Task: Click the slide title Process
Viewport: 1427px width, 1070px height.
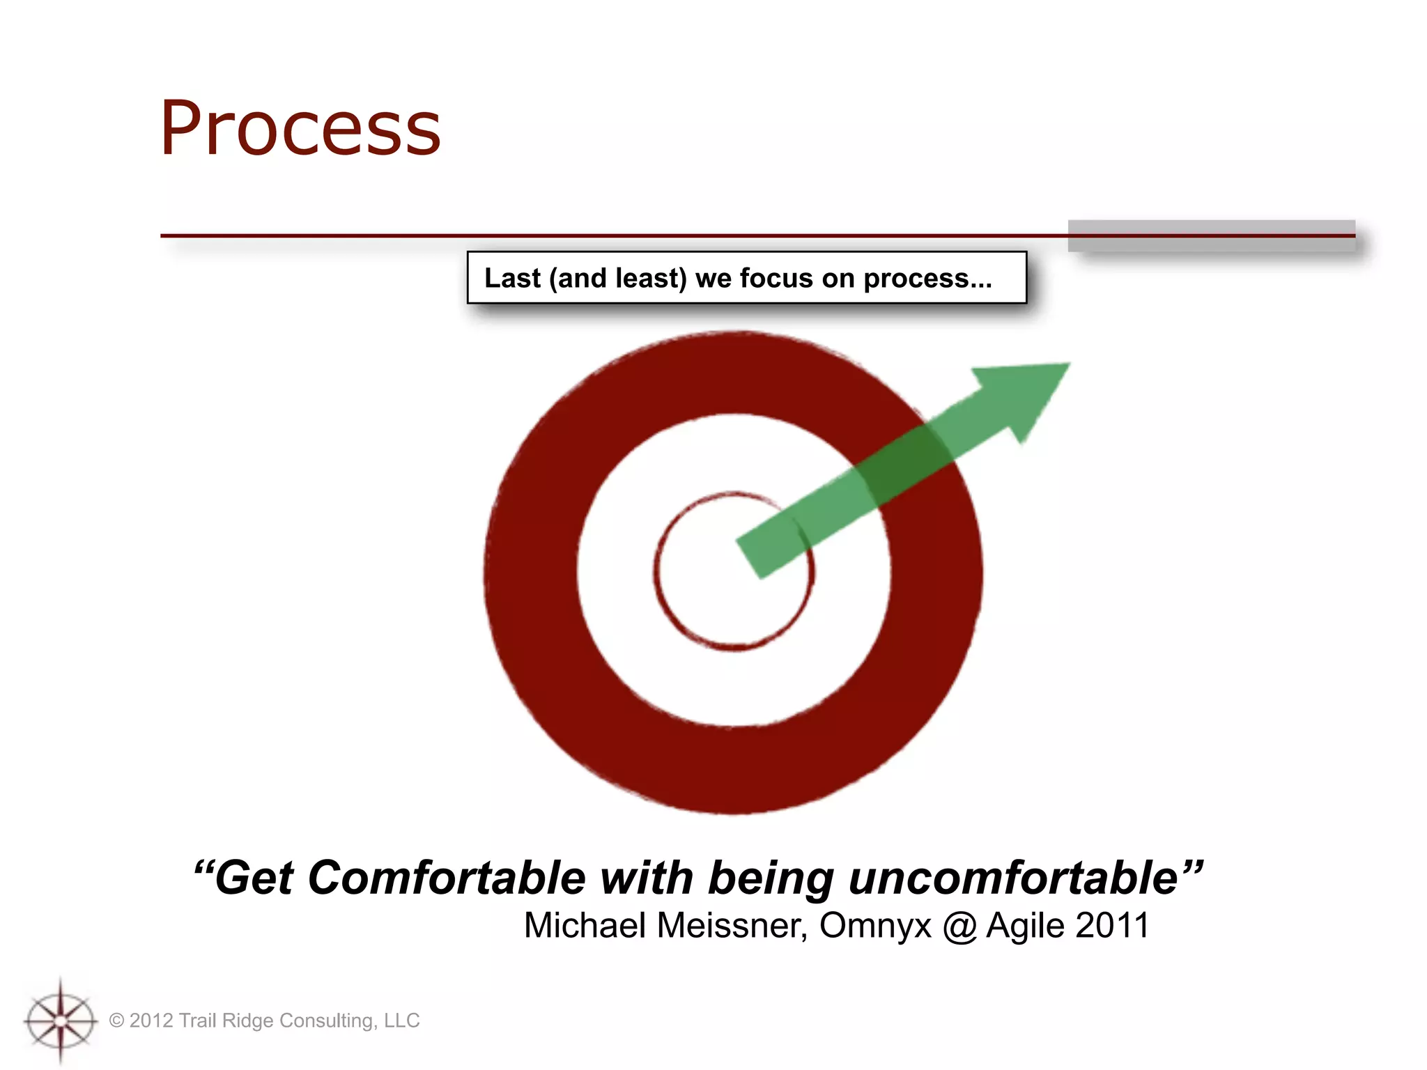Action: coord(300,129)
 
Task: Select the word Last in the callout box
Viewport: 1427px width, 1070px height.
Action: coord(512,278)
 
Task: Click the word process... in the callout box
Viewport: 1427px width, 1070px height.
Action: coord(927,278)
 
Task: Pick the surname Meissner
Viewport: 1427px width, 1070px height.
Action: coord(732,926)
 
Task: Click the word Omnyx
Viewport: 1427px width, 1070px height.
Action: coord(875,926)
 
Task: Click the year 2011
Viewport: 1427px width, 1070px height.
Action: coord(1112,926)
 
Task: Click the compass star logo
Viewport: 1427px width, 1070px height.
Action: coord(61,1021)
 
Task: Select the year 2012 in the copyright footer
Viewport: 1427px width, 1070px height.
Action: coord(151,1021)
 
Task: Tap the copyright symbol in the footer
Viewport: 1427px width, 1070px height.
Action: coord(116,1021)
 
